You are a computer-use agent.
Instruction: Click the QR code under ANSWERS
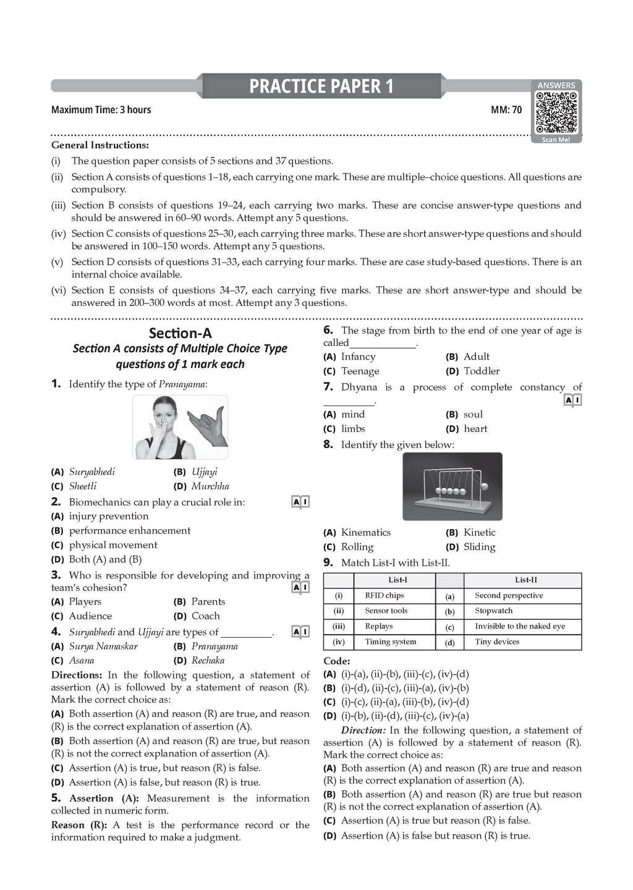click(x=556, y=112)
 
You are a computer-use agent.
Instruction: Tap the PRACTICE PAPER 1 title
click(x=321, y=87)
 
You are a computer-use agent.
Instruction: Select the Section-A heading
click(x=181, y=334)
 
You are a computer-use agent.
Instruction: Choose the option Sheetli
click(x=83, y=486)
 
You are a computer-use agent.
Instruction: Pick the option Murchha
click(x=210, y=486)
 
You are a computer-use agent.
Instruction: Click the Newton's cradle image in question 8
click(x=452, y=486)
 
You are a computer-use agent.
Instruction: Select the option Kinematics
click(x=365, y=532)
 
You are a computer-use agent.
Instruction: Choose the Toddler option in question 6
click(x=482, y=371)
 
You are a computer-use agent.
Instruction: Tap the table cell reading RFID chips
click(x=384, y=596)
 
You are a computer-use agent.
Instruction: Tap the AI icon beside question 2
click(x=300, y=502)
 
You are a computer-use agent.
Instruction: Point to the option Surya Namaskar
click(x=103, y=646)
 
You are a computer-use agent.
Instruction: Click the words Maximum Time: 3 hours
click(x=101, y=110)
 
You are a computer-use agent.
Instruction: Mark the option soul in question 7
click(x=473, y=415)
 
